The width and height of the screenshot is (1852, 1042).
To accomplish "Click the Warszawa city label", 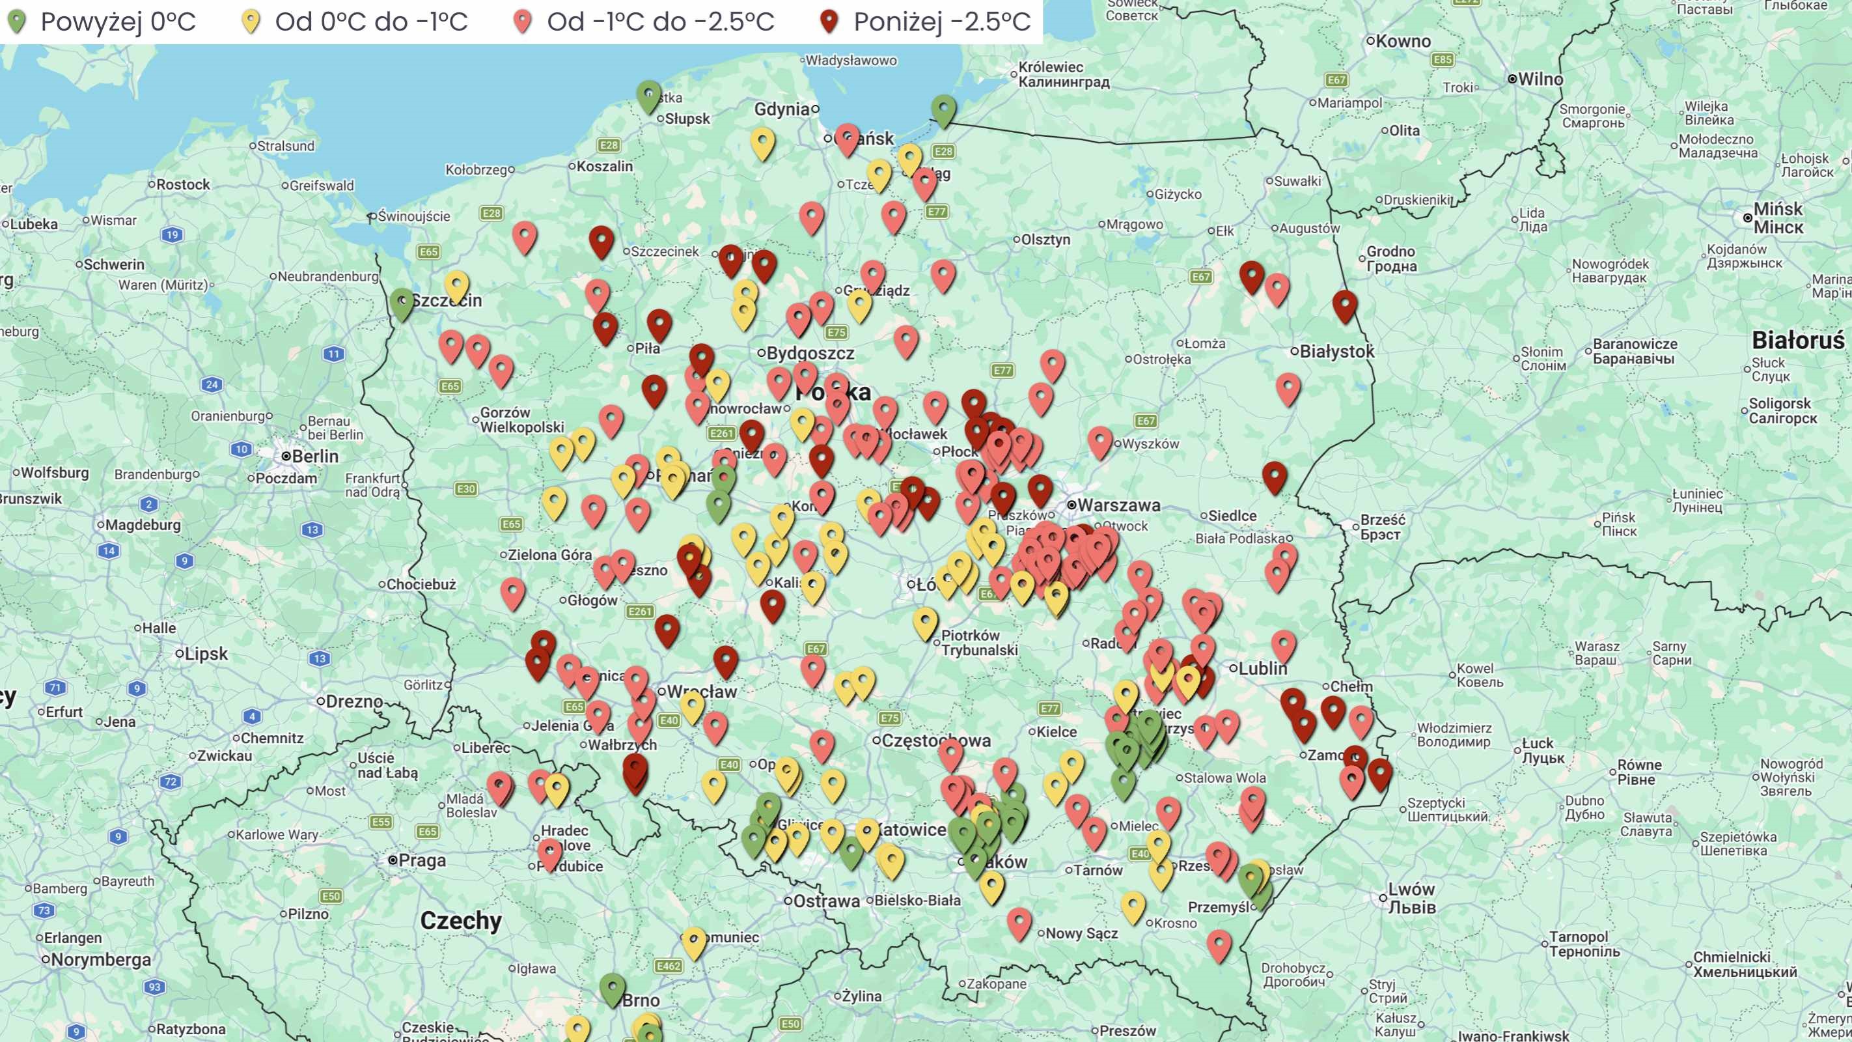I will point(1118,505).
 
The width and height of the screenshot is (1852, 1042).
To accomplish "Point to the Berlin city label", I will point(315,457).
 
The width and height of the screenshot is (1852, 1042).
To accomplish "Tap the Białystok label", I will point(1336,352).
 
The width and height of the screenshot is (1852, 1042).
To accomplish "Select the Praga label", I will point(422,861).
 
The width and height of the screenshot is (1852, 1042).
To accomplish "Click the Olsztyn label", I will point(1045,240).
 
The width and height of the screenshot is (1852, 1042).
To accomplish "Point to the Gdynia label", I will point(782,109).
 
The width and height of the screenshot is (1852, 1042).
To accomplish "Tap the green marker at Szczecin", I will point(402,304).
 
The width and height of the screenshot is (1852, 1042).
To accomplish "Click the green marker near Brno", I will point(613,989).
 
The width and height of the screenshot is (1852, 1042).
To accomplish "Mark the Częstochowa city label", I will point(935,740).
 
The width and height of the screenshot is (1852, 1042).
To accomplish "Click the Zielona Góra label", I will point(549,555).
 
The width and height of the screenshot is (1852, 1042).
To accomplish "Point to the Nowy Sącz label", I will point(1081,933).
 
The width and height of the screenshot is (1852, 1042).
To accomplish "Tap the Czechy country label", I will point(461,920).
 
